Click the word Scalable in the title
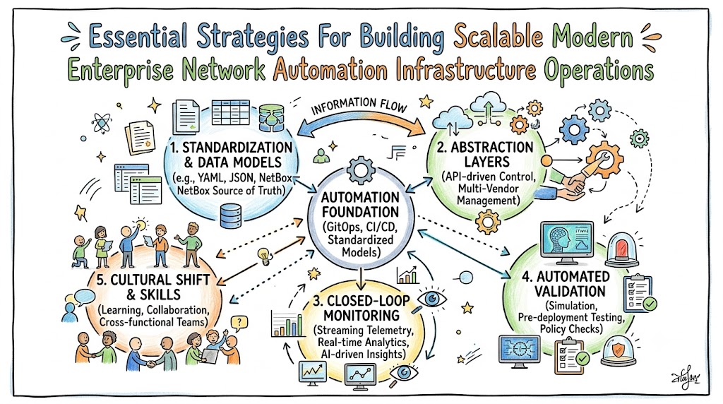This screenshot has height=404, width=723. tap(498, 37)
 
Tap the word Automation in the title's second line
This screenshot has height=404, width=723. tap(330, 71)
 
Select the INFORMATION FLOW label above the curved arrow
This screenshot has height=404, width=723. tap(359, 106)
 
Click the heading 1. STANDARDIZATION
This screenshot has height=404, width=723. tap(231, 148)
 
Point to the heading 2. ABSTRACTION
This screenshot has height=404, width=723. tap(484, 148)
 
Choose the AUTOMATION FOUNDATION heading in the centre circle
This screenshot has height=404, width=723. tap(360, 205)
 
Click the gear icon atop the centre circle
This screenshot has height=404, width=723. tap(360, 170)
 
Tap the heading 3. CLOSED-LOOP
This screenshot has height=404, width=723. tap(361, 301)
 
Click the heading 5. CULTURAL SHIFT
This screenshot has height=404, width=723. tap(153, 280)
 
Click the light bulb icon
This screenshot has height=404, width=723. tap(264, 256)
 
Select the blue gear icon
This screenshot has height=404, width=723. tap(573, 130)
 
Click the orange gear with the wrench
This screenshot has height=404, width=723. tap(604, 159)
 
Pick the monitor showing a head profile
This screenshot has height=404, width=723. tap(567, 243)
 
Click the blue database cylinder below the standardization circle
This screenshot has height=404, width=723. tap(231, 216)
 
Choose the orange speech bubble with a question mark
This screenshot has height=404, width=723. tap(239, 323)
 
